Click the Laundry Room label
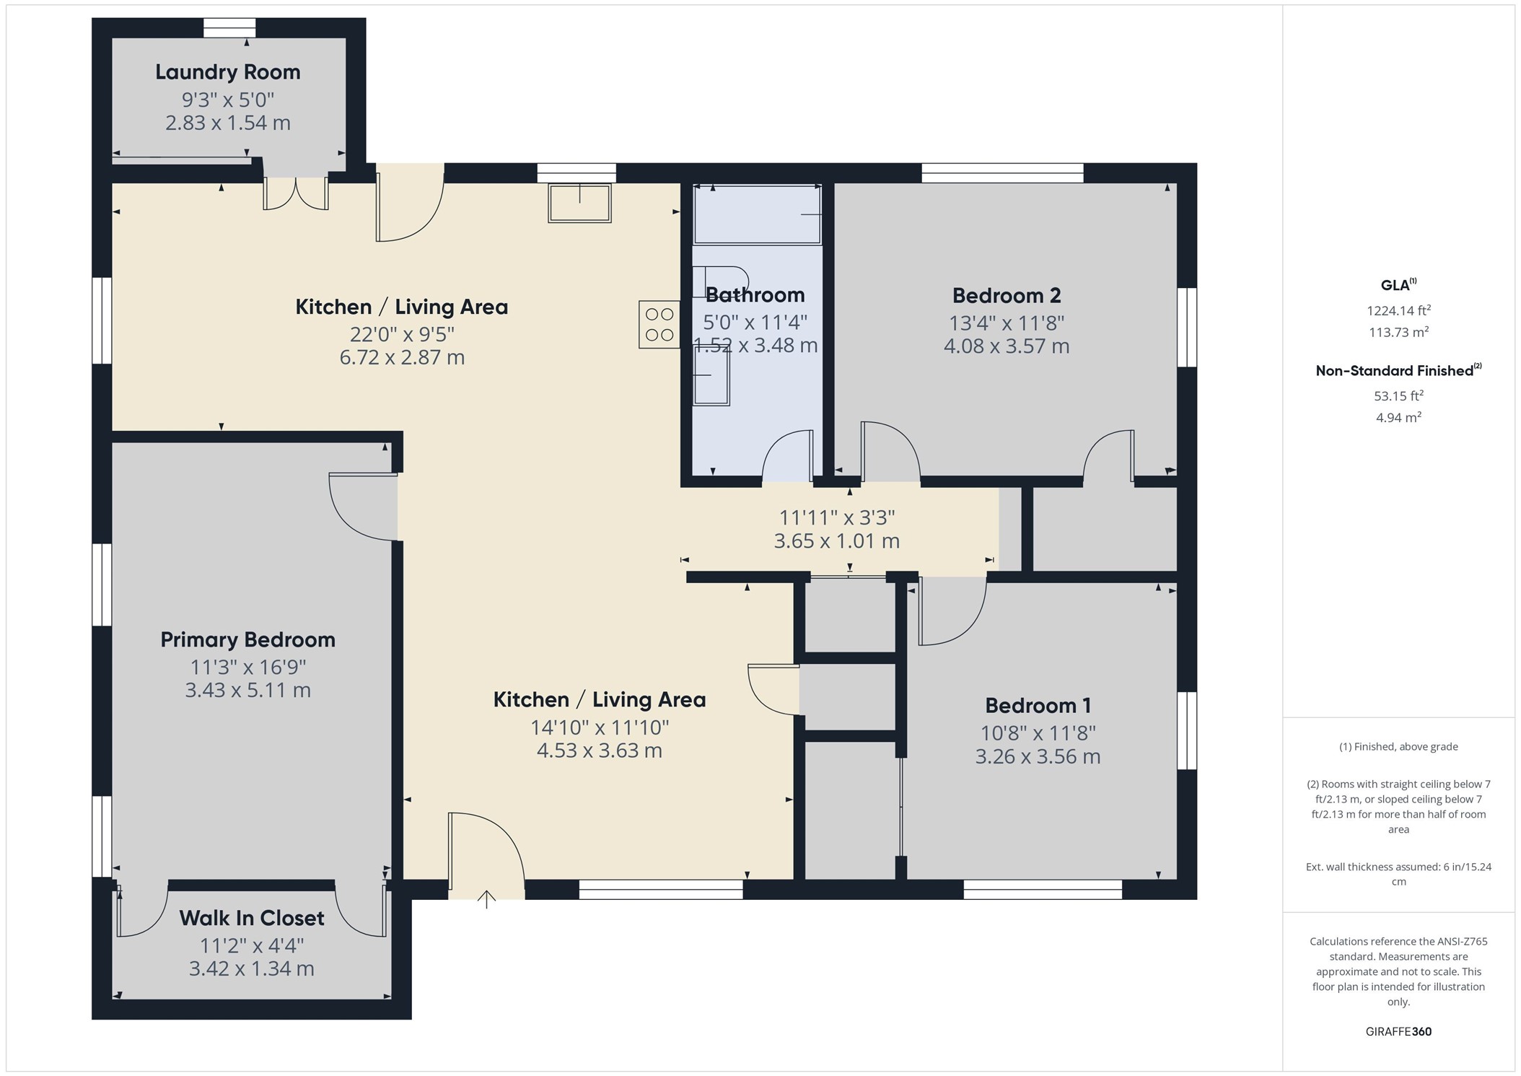coord(228,72)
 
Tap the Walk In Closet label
coord(252,918)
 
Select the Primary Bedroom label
coord(247,640)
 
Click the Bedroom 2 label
coord(1007,296)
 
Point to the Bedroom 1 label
coord(1038,706)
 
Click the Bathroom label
coord(755,295)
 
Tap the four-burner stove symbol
coord(659,325)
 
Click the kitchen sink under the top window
coord(580,203)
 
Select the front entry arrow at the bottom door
coord(487,899)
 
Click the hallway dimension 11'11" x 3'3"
coord(837,517)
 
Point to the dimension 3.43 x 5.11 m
coord(247,691)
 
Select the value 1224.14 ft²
coord(1398,311)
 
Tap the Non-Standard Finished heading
coord(1398,370)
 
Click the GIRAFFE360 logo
coord(1398,1032)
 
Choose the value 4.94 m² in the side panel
coord(1398,417)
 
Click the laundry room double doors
coord(296,193)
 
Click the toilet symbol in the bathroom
coord(720,281)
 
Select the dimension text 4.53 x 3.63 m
coord(600,751)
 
